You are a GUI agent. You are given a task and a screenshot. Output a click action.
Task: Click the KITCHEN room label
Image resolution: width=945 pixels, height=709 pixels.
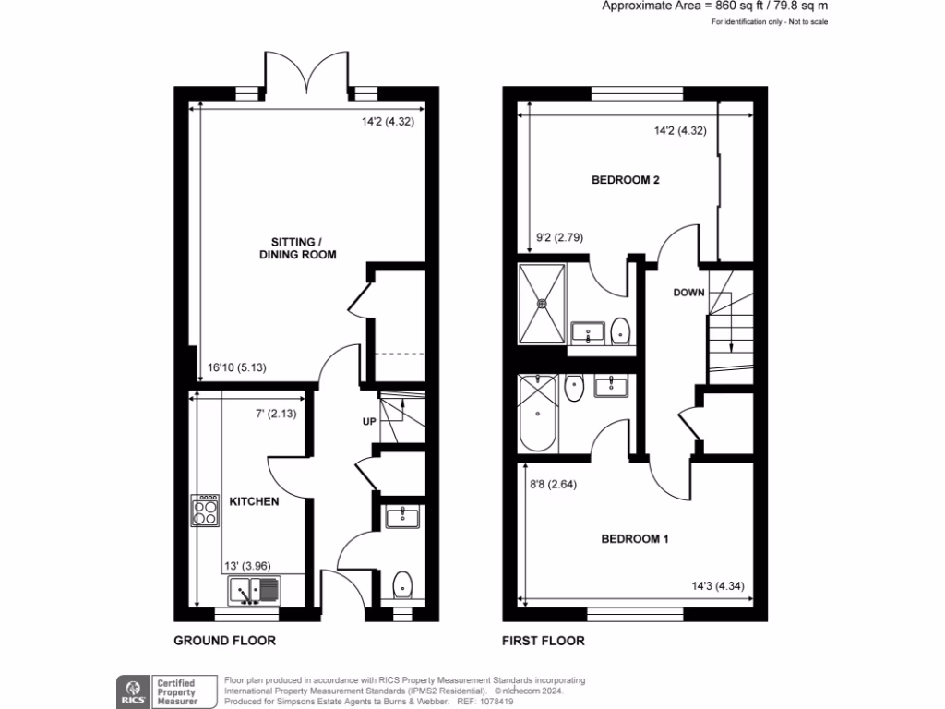coord(254,501)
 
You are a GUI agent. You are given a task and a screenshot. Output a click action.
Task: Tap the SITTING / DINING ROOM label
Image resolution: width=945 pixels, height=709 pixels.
coord(296,246)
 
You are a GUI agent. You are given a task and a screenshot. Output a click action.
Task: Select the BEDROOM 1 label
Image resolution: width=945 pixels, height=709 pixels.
coord(635,539)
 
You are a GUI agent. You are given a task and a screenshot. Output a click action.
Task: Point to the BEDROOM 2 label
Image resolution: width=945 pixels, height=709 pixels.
coord(625,180)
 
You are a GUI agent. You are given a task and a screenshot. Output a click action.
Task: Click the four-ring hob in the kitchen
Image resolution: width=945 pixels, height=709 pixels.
coord(205,510)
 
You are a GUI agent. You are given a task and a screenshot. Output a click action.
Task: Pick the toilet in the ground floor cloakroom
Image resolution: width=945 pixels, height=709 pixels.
coord(402,584)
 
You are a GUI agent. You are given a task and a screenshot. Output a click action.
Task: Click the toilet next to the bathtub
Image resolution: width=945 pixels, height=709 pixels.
coord(574,389)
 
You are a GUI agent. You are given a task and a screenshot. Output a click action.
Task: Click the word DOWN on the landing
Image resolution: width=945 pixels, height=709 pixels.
coord(688,293)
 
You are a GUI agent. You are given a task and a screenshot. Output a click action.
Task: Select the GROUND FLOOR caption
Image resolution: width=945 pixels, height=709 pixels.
coord(225,640)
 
